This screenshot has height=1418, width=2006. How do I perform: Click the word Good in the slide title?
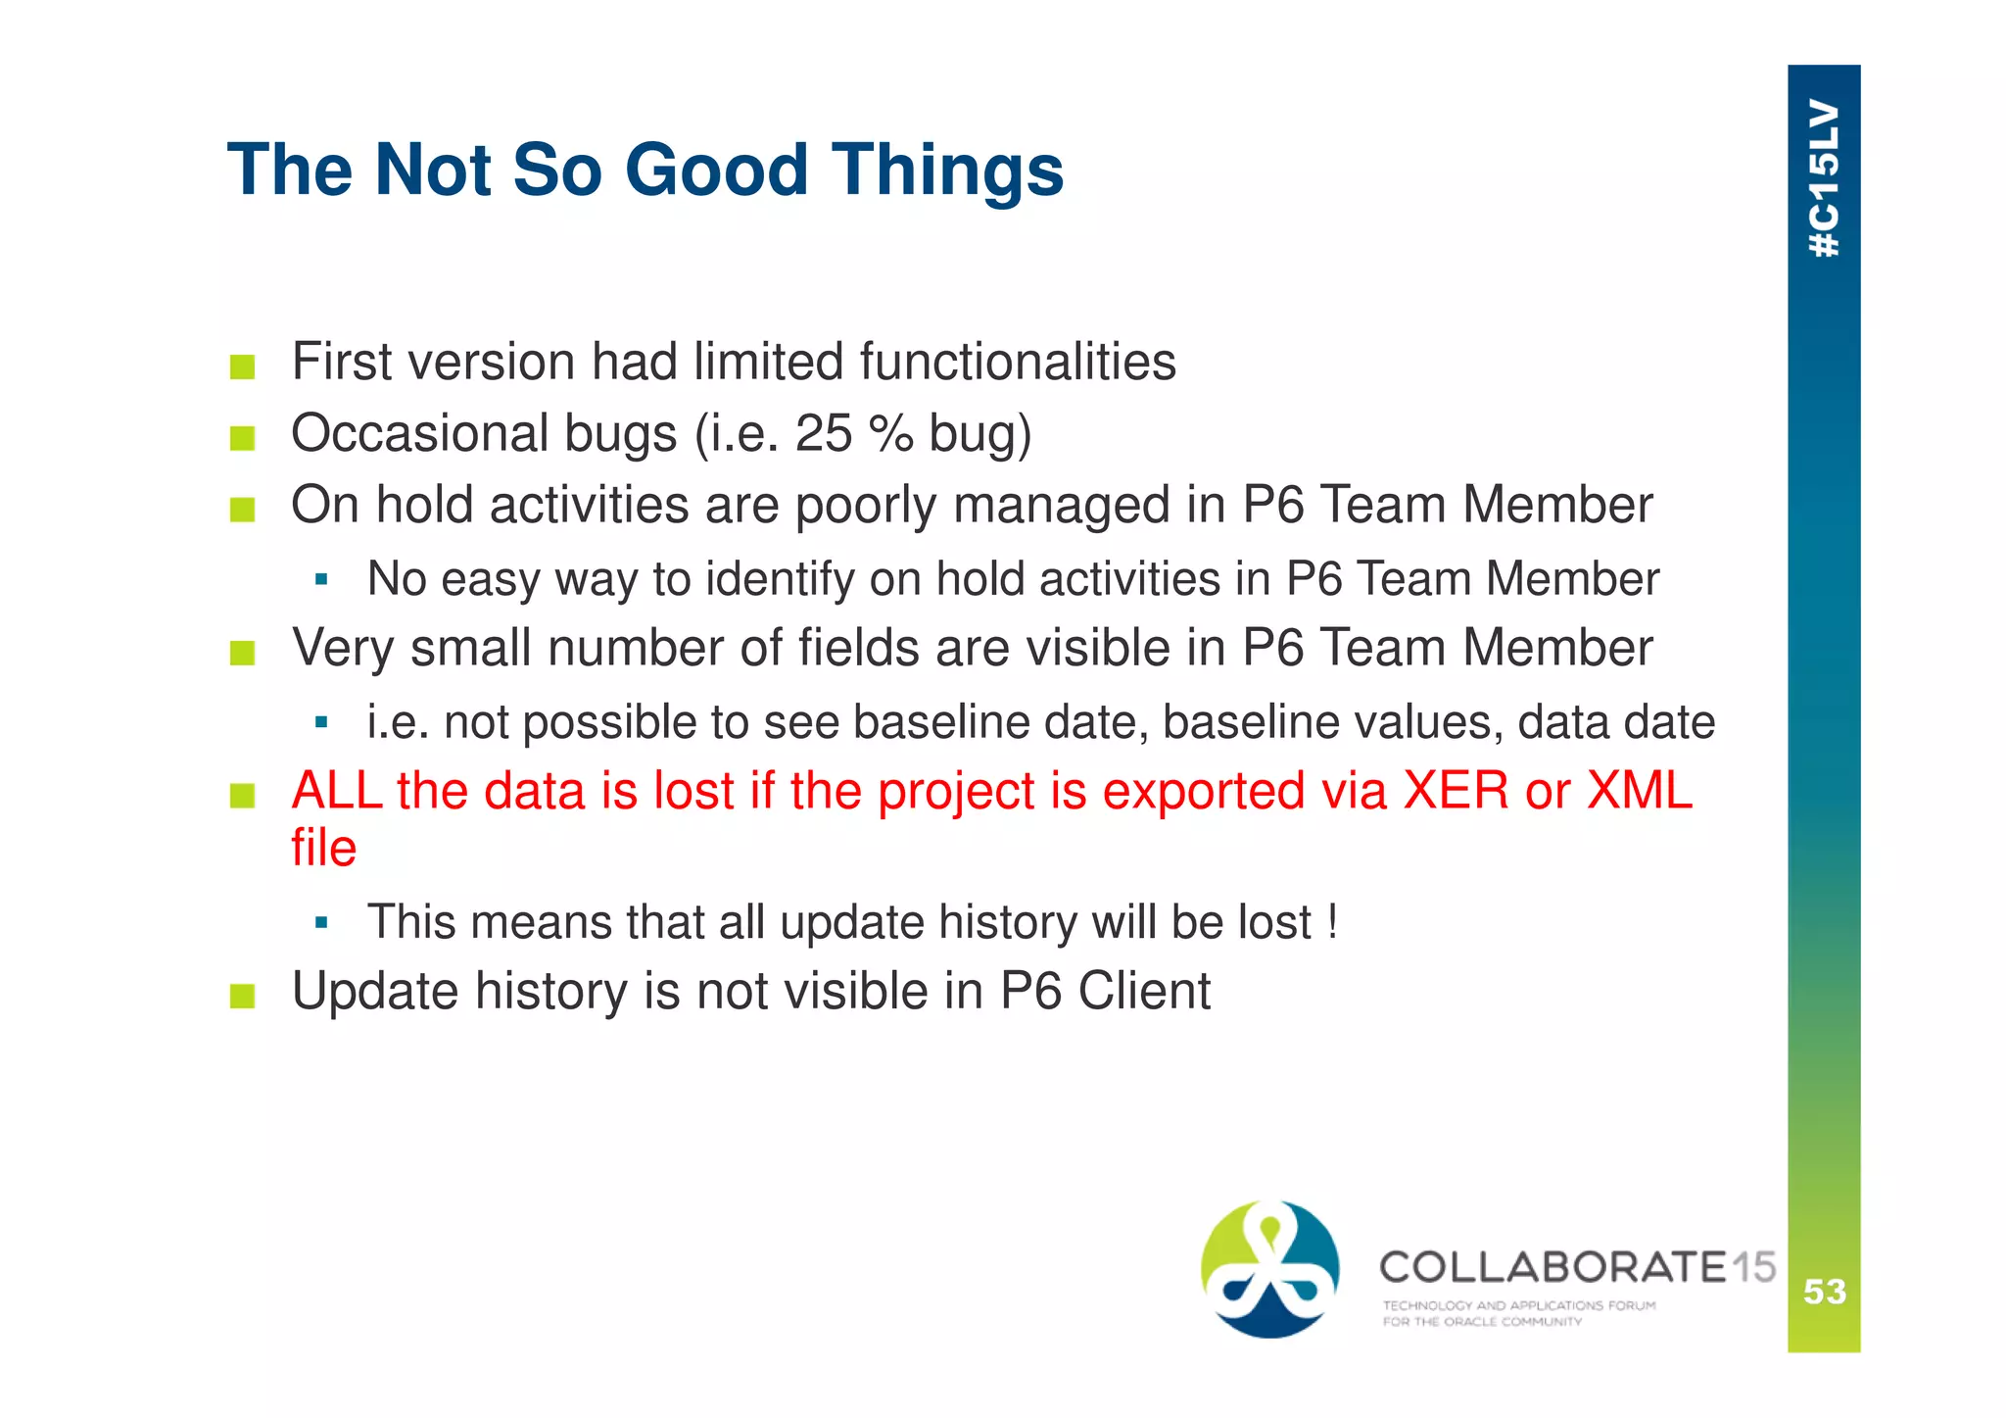point(715,171)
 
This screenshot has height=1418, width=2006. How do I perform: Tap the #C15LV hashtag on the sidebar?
point(1823,177)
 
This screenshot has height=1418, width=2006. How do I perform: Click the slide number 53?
point(1824,1292)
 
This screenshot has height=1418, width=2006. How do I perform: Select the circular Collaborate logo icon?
point(1269,1268)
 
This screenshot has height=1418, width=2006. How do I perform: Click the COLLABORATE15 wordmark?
point(1576,1267)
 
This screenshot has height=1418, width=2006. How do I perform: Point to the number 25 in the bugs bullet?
point(824,433)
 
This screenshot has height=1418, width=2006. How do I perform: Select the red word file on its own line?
point(323,848)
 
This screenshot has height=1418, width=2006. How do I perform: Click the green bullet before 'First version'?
point(243,367)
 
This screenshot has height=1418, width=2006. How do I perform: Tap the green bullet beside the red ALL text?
point(243,796)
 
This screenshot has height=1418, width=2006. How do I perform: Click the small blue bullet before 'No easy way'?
point(321,579)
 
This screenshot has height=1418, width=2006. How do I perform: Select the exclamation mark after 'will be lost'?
point(1332,921)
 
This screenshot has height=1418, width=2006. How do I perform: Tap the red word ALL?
point(336,790)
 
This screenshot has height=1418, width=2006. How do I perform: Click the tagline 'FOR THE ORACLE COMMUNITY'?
point(1481,1322)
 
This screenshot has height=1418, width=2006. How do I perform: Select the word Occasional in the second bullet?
point(418,433)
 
